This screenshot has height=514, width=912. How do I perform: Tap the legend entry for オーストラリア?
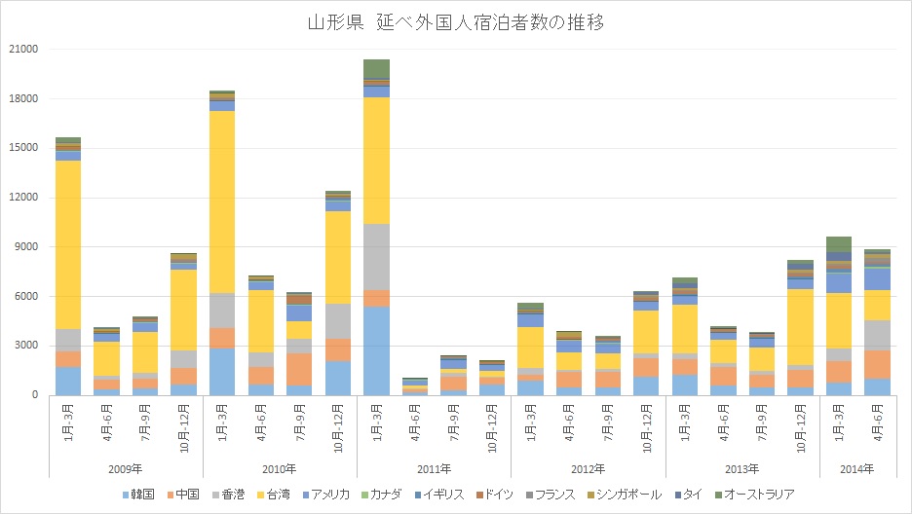759,495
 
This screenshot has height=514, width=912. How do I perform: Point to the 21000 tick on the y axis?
21,50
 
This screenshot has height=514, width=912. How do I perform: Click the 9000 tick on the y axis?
24,247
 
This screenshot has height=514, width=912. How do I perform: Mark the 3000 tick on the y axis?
24,346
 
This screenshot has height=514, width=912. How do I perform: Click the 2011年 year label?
435,469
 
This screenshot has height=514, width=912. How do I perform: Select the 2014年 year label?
857,469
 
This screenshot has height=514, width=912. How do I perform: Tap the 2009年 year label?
126,469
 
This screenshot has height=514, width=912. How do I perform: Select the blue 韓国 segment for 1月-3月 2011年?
376,350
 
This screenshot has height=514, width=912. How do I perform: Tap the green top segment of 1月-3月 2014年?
838,243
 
